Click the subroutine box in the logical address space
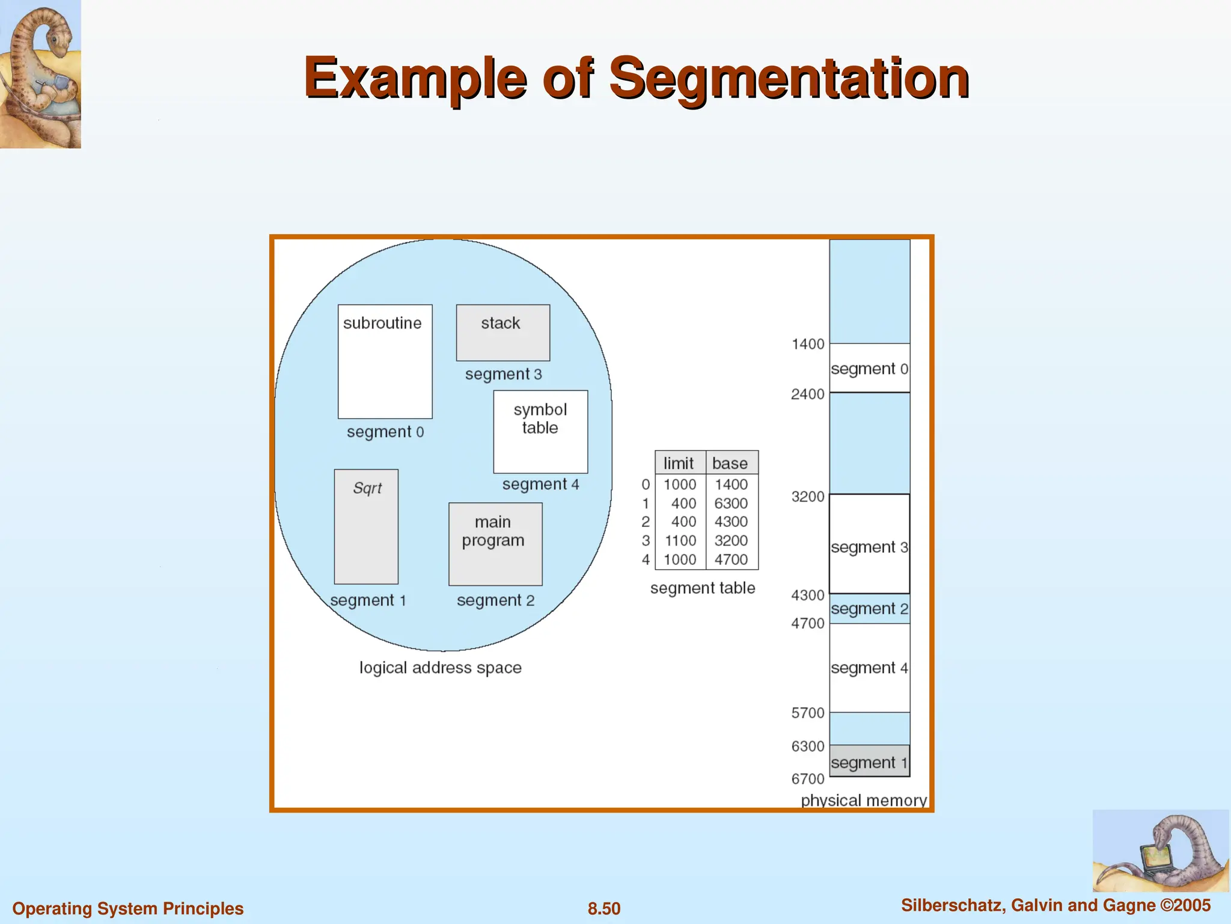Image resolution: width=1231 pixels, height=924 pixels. coord(385,362)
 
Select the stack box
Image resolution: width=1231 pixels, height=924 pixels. coord(502,333)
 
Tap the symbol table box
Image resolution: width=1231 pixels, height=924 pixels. coord(540,431)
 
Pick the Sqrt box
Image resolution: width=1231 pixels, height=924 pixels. coord(366,526)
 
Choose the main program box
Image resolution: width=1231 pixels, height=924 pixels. coord(495,544)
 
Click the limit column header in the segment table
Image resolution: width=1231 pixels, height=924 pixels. coord(679,463)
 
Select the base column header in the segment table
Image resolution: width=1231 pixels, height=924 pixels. coord(730,463)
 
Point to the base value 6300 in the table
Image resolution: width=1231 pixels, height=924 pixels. coord(731,504)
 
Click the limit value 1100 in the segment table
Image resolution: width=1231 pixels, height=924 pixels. coord(680,541)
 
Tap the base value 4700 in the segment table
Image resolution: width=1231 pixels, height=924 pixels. coord(731,559)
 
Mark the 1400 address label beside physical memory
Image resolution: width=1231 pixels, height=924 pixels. coord(808,344)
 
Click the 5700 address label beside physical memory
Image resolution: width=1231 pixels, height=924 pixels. coord(808,713)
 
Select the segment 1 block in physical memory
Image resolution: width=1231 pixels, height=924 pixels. coord(869,761)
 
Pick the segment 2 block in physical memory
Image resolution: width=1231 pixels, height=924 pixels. coord(869,609)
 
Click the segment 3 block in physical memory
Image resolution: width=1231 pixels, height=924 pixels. coord(869,544)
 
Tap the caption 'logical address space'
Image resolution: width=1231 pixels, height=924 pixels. coord(441,668)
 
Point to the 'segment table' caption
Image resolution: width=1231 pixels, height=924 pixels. coord(703,588)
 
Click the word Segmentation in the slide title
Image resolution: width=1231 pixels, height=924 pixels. coord(789,78)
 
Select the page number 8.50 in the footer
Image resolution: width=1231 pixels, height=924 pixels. coord(604,908)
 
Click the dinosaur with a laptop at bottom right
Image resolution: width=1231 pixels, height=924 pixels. coord(1161,851)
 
